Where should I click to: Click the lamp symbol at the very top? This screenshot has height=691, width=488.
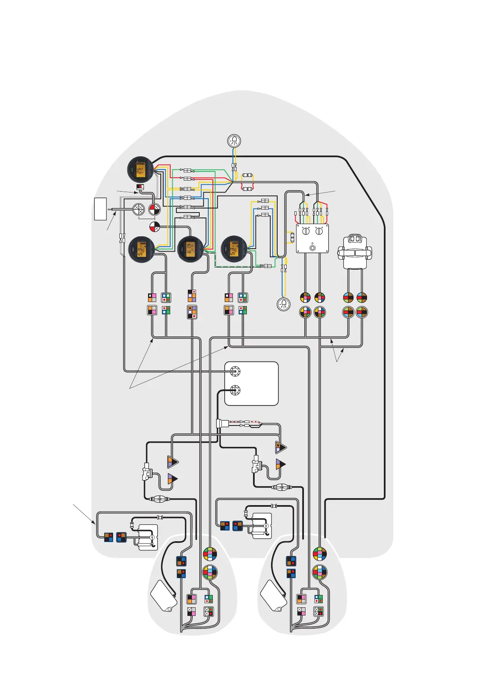click(234, 141)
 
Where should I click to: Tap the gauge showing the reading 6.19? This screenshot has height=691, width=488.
click(191, 249)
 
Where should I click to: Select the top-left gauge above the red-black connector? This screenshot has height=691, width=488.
click(140, 169)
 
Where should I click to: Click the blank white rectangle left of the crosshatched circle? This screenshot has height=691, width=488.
click(100, 209)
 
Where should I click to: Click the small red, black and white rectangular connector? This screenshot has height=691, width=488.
click(140, 188)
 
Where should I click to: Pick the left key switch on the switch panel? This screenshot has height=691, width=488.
click(306, 231)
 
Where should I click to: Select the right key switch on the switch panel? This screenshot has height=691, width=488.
click(319, 231)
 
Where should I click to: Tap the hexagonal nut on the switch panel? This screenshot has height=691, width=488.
click(312, 248)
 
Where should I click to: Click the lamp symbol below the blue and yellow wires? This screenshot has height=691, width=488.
click(283, 304)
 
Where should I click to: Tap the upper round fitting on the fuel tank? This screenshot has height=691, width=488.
click(235, 371)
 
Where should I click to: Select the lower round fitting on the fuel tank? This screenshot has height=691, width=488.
click(235, 390)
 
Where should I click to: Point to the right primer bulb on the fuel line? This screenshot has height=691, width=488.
click(281, 487)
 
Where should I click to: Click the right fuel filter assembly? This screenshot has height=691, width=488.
click(256, 464)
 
